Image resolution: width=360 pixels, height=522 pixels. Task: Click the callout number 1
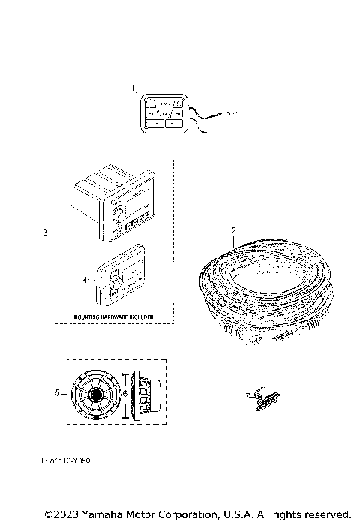133,88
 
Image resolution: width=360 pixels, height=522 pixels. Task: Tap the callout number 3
46,233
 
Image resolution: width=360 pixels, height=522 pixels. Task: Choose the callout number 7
247,394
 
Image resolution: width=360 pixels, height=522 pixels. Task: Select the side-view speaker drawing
146,392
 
